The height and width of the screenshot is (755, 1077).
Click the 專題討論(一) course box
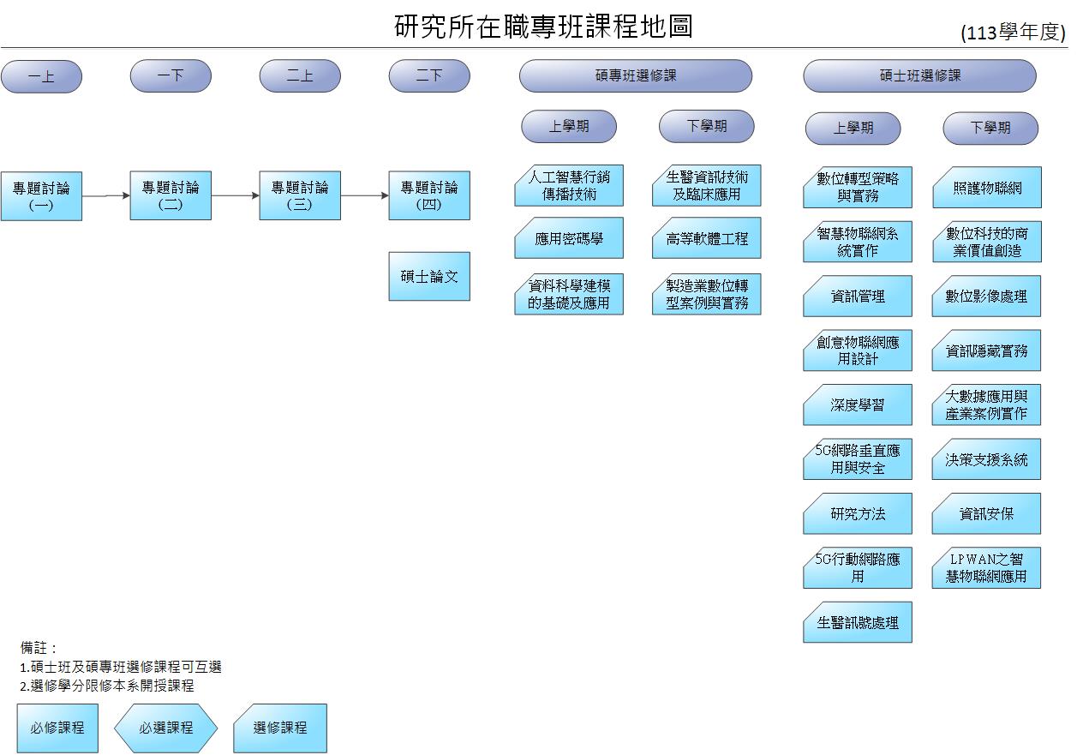(x=41, y=196)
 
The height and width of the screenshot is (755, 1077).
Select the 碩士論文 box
(x=429, y=276)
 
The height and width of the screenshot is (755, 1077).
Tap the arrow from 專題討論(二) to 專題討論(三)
(x=235, y=195)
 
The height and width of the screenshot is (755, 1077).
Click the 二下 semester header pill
(x=429, y=75)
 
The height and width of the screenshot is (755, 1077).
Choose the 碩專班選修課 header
(x=635, y=75)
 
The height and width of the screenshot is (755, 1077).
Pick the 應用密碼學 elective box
(x=569, y=238)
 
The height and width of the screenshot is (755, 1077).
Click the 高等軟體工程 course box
(x=707, y=238)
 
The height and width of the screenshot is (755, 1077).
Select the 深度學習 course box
(x=858, y=405)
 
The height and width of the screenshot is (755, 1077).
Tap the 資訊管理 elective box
(x=858, y=297)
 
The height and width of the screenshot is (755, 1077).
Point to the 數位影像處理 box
(x=986, y=297)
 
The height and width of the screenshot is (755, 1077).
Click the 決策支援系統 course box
(x=986, y=459)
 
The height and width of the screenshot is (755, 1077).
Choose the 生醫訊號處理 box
(x=858, y=622)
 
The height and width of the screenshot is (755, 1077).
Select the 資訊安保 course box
(x=986, y=513)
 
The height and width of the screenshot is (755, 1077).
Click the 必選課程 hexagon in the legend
(x=166, y=728)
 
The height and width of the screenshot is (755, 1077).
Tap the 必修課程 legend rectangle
(x=57, y=728)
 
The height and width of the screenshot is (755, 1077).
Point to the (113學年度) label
(x=1013, y=33)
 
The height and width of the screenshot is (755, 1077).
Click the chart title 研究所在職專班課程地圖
(x=543, y=26)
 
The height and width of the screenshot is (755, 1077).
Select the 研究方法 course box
(x=858, y=513)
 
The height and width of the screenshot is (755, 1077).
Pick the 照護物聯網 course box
(x=987, y=188)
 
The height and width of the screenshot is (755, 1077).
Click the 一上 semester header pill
(x=41, y=76)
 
